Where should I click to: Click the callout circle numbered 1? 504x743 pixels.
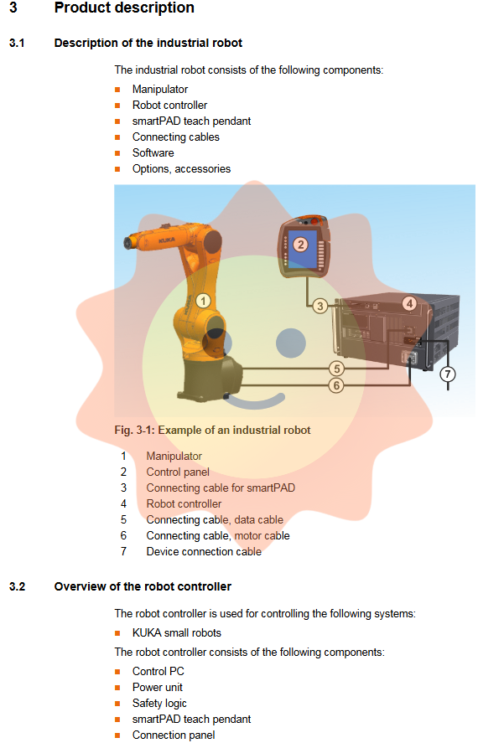coord(202,299)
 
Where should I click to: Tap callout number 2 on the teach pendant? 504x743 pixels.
coord(300,245)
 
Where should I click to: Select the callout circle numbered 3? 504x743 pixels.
coord(320,307)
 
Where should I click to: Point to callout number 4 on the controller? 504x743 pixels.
coord(409,303)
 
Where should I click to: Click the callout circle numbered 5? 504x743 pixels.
coord(336,369)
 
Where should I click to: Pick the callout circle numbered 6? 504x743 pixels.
coord(336,385)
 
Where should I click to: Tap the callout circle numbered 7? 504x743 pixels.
coord(448,374)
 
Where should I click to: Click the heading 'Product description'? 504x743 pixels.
coord(124,8)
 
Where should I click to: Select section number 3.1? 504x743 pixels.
coord(18,43)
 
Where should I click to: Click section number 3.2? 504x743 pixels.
coord(18,586)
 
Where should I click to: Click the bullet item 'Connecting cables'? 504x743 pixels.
coord(176,137)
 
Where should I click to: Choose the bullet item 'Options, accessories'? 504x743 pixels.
coord(181,168)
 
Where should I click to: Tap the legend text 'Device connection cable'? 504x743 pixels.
coord(204,551)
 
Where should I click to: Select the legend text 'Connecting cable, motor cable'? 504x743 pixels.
coord(218,535)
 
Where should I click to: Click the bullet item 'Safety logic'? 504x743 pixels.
coord(159,703)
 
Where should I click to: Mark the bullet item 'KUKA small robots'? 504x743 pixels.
coord(177,632)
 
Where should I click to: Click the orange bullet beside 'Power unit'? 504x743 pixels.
coord(118,688)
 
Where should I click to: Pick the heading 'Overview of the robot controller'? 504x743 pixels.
coord(143,586)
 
